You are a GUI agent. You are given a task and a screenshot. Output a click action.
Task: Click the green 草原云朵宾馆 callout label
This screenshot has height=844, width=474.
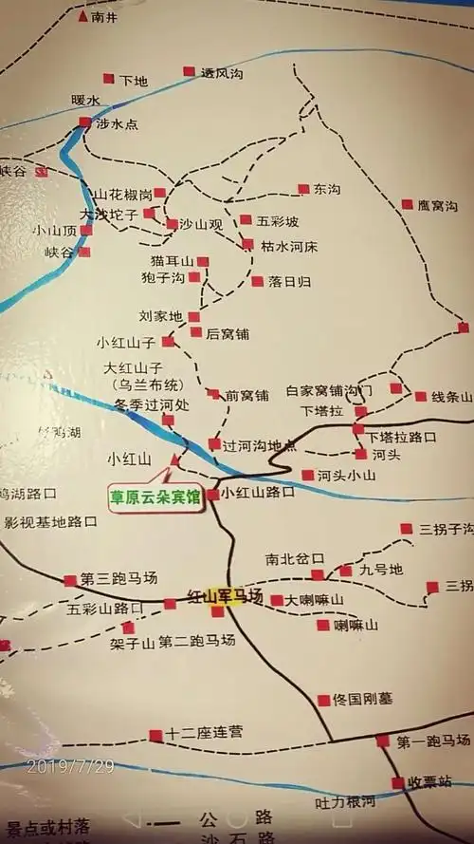158,495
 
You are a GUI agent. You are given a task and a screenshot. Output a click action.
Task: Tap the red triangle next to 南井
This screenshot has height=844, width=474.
83,16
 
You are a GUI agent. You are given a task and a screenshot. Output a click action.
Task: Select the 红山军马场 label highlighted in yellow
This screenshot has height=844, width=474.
225,595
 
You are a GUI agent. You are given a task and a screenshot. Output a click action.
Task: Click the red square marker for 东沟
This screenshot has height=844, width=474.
303,189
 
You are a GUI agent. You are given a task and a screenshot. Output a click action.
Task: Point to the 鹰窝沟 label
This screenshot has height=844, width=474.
439,205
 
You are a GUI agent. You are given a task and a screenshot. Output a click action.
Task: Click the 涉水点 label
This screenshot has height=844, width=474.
118,122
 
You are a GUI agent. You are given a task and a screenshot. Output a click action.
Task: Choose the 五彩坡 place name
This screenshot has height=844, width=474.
278,221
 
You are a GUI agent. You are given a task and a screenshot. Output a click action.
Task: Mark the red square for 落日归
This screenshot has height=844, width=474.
257,281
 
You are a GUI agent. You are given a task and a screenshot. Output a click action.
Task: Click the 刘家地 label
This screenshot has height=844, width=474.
160,315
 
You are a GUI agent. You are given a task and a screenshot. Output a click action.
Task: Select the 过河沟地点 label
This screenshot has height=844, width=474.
259,444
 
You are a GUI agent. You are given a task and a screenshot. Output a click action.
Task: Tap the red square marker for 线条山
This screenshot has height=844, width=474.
421,397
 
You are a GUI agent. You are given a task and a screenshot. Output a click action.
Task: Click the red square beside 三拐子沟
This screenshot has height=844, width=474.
406,529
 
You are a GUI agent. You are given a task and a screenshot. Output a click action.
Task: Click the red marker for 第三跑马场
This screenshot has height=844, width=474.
70,580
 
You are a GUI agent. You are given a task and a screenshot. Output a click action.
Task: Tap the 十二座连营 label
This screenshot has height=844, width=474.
204,732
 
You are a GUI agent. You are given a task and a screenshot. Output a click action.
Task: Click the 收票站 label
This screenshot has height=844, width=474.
427,782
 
